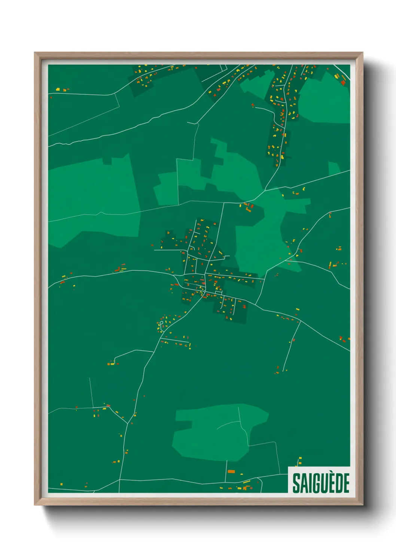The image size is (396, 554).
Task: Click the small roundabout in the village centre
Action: (204, 292)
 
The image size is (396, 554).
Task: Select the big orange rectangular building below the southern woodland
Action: (231, 471)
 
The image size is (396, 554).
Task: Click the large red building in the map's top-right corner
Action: (343, 82)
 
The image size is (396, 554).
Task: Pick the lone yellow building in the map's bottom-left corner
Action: (61, 484)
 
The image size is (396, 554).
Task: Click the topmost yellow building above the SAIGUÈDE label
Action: (300, 458)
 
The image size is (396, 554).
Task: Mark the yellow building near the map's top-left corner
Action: (58, 89)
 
